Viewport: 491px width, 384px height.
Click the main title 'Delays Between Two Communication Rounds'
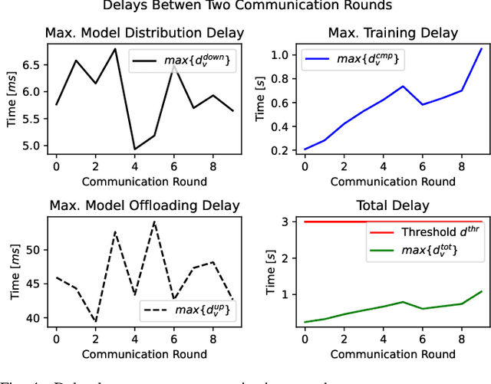[x=245, y=7]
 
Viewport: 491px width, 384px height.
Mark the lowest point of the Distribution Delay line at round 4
[x=134, y=149]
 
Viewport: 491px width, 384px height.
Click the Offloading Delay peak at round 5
[x=154, y=222]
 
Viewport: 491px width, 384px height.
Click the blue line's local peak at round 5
[x=402, y=86]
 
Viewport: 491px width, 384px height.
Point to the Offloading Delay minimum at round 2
[x=95, y=322]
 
